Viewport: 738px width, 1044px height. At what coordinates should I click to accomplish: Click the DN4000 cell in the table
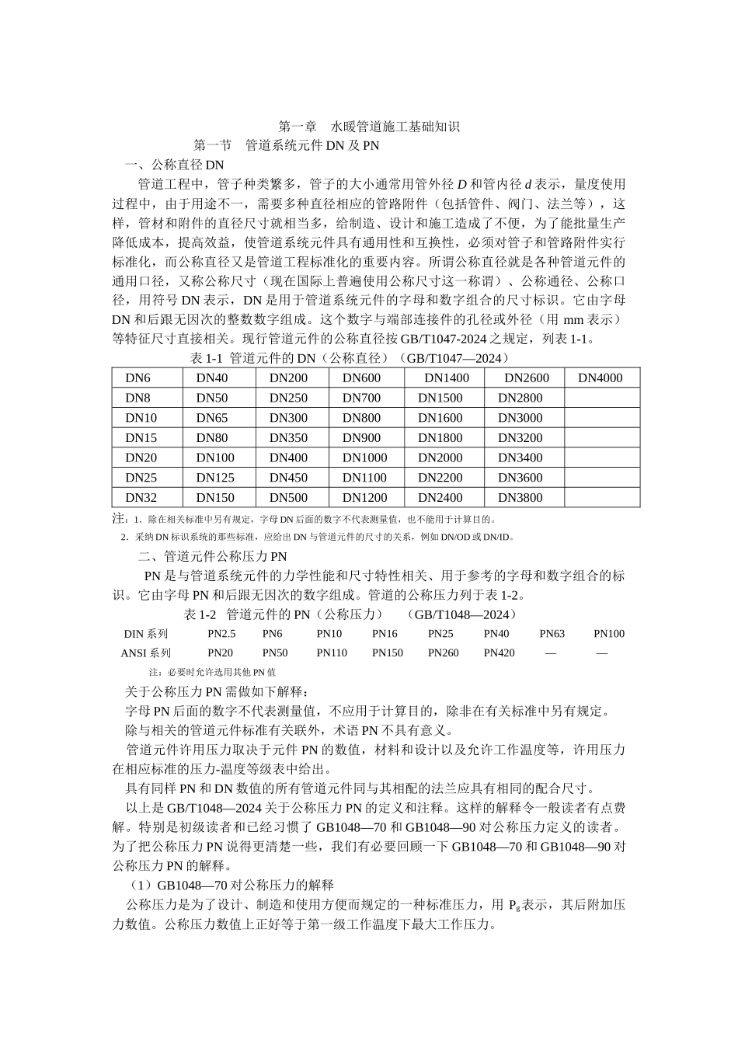click(600, 378)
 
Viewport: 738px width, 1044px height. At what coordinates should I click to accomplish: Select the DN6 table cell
click(138, 378)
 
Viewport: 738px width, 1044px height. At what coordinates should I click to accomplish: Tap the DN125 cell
click(215, 478)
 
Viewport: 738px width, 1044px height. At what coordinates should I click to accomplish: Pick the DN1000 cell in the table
click(364, 458)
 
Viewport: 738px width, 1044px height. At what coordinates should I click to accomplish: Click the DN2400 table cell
click(440, 498)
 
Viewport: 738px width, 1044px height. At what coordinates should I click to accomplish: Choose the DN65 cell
click(212, 418)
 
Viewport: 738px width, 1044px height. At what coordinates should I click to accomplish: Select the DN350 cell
click(288, 438)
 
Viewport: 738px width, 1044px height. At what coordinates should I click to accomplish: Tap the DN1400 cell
click(447, 378)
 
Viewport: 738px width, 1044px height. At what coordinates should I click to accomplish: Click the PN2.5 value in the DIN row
click(221, 634)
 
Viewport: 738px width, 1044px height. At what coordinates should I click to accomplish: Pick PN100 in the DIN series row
click(609, 634)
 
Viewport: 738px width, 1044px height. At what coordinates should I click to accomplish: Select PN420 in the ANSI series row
click(499, 653)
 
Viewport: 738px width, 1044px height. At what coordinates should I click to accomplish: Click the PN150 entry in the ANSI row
click(388, 653)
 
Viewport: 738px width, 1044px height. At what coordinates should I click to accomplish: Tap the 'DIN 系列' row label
click(145, 634)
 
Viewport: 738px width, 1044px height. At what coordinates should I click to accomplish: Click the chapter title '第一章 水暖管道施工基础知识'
click(369, 126)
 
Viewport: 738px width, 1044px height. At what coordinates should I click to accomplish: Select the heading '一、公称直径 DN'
click(175, 165)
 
